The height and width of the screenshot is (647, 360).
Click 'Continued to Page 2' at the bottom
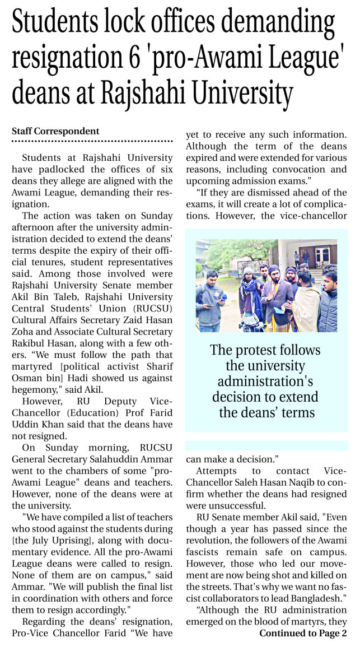point(303,634)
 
